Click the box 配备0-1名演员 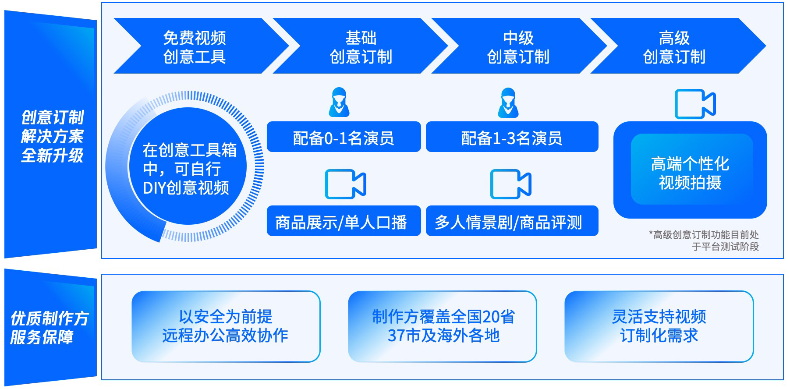(x=344, y=137)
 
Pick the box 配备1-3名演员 (x=512, y=137)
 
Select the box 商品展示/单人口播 (x=344, y=221)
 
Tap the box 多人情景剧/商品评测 (x=512, y=221)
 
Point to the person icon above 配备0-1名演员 (x=339, y=102)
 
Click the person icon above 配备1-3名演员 (x=508, y=103)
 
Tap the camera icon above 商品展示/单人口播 (x=346, y=184)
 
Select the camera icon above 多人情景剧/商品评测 (x=511, y=184)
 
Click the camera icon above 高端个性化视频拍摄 (x=695, y=104)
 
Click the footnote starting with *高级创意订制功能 (x=704, y=240)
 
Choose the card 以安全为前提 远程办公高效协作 (x=226, y=326)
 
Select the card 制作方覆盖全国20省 (x=443, y=326)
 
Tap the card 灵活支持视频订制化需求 (x=659, y=326)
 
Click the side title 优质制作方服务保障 (x=50, y=328)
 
